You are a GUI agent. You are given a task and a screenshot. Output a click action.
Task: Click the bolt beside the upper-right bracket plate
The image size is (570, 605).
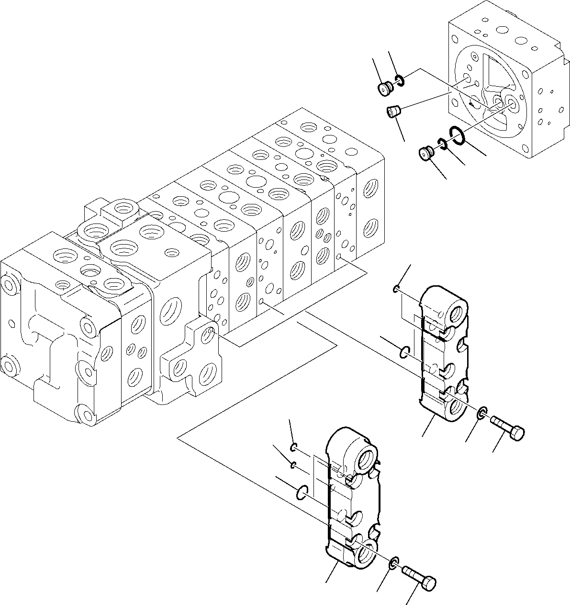508,427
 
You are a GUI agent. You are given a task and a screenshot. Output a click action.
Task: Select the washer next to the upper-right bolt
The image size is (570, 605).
483,412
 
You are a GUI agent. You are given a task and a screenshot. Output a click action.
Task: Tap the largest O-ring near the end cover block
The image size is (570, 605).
457,134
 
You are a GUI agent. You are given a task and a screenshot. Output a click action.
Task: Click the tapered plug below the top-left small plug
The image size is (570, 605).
393,112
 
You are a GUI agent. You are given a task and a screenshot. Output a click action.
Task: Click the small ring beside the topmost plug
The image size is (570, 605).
400,81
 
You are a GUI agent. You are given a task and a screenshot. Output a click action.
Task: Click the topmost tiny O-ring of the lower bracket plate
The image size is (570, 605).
294,448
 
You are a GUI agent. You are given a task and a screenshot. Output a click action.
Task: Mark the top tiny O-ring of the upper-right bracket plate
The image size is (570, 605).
396,289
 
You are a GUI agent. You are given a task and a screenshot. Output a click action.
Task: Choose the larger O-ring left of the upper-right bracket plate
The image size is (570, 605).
405,353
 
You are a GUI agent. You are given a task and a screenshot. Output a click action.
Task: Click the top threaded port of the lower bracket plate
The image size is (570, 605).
367,458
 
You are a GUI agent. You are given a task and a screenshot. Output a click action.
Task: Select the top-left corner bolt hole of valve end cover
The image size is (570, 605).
10,284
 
